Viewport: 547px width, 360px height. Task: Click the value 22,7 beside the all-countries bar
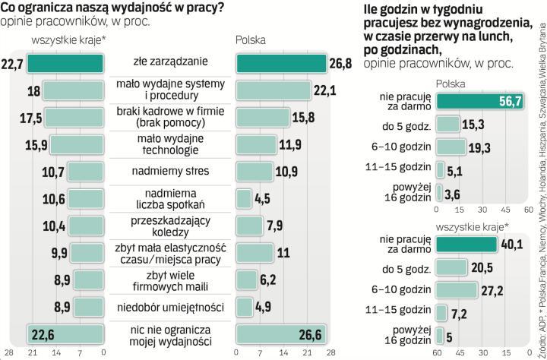click(12, 63)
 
